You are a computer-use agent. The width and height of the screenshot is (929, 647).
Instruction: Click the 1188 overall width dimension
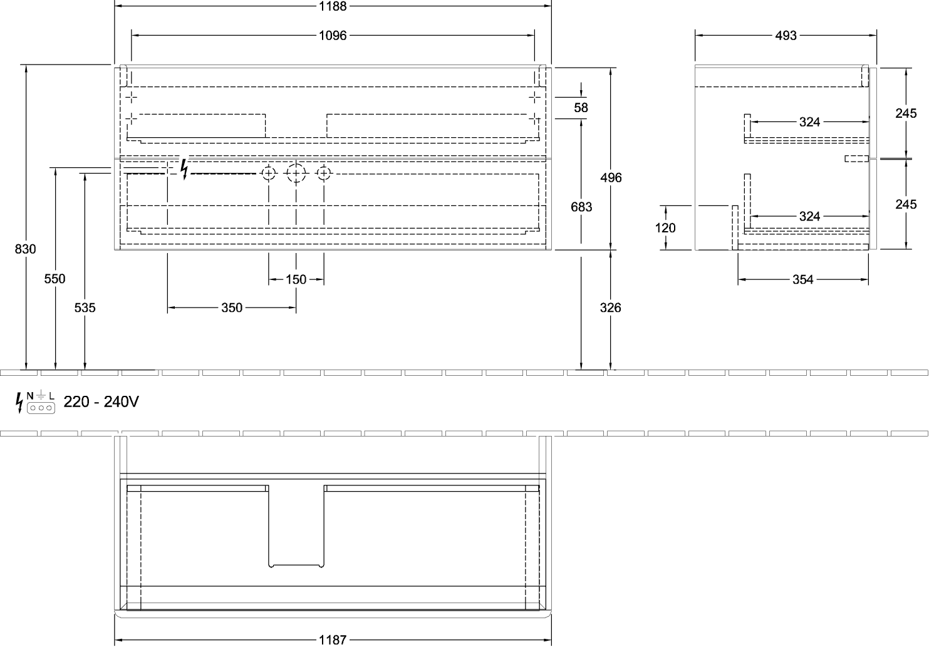333,6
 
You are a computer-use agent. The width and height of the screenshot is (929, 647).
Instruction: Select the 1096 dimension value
333,36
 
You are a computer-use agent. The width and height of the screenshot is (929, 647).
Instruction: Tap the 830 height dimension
25,249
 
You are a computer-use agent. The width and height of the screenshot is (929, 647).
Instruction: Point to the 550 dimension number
54,279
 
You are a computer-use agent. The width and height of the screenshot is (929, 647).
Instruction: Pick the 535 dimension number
85,308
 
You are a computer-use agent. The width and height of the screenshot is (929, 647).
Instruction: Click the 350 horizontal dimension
231,308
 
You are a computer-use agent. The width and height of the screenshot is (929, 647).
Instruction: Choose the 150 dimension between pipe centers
296,279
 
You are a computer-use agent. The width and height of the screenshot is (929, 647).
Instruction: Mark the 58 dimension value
581,108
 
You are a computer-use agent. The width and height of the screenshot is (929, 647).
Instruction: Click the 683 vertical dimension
581,207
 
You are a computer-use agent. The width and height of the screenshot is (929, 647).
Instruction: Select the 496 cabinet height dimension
611,177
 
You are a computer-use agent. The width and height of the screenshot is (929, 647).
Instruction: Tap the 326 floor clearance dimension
611,308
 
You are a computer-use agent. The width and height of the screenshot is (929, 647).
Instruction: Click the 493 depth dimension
786,36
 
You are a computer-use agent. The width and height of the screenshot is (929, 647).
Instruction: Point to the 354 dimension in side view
803,279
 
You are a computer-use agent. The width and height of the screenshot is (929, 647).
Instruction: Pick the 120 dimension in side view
665,228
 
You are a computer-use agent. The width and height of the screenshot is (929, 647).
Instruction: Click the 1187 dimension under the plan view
333,640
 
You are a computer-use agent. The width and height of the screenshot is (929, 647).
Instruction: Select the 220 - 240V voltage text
101,401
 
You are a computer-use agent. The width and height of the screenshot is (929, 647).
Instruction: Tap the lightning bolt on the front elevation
184,169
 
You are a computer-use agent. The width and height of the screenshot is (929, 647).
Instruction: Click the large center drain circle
296,173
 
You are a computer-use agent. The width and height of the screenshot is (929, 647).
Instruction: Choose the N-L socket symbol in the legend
41,403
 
